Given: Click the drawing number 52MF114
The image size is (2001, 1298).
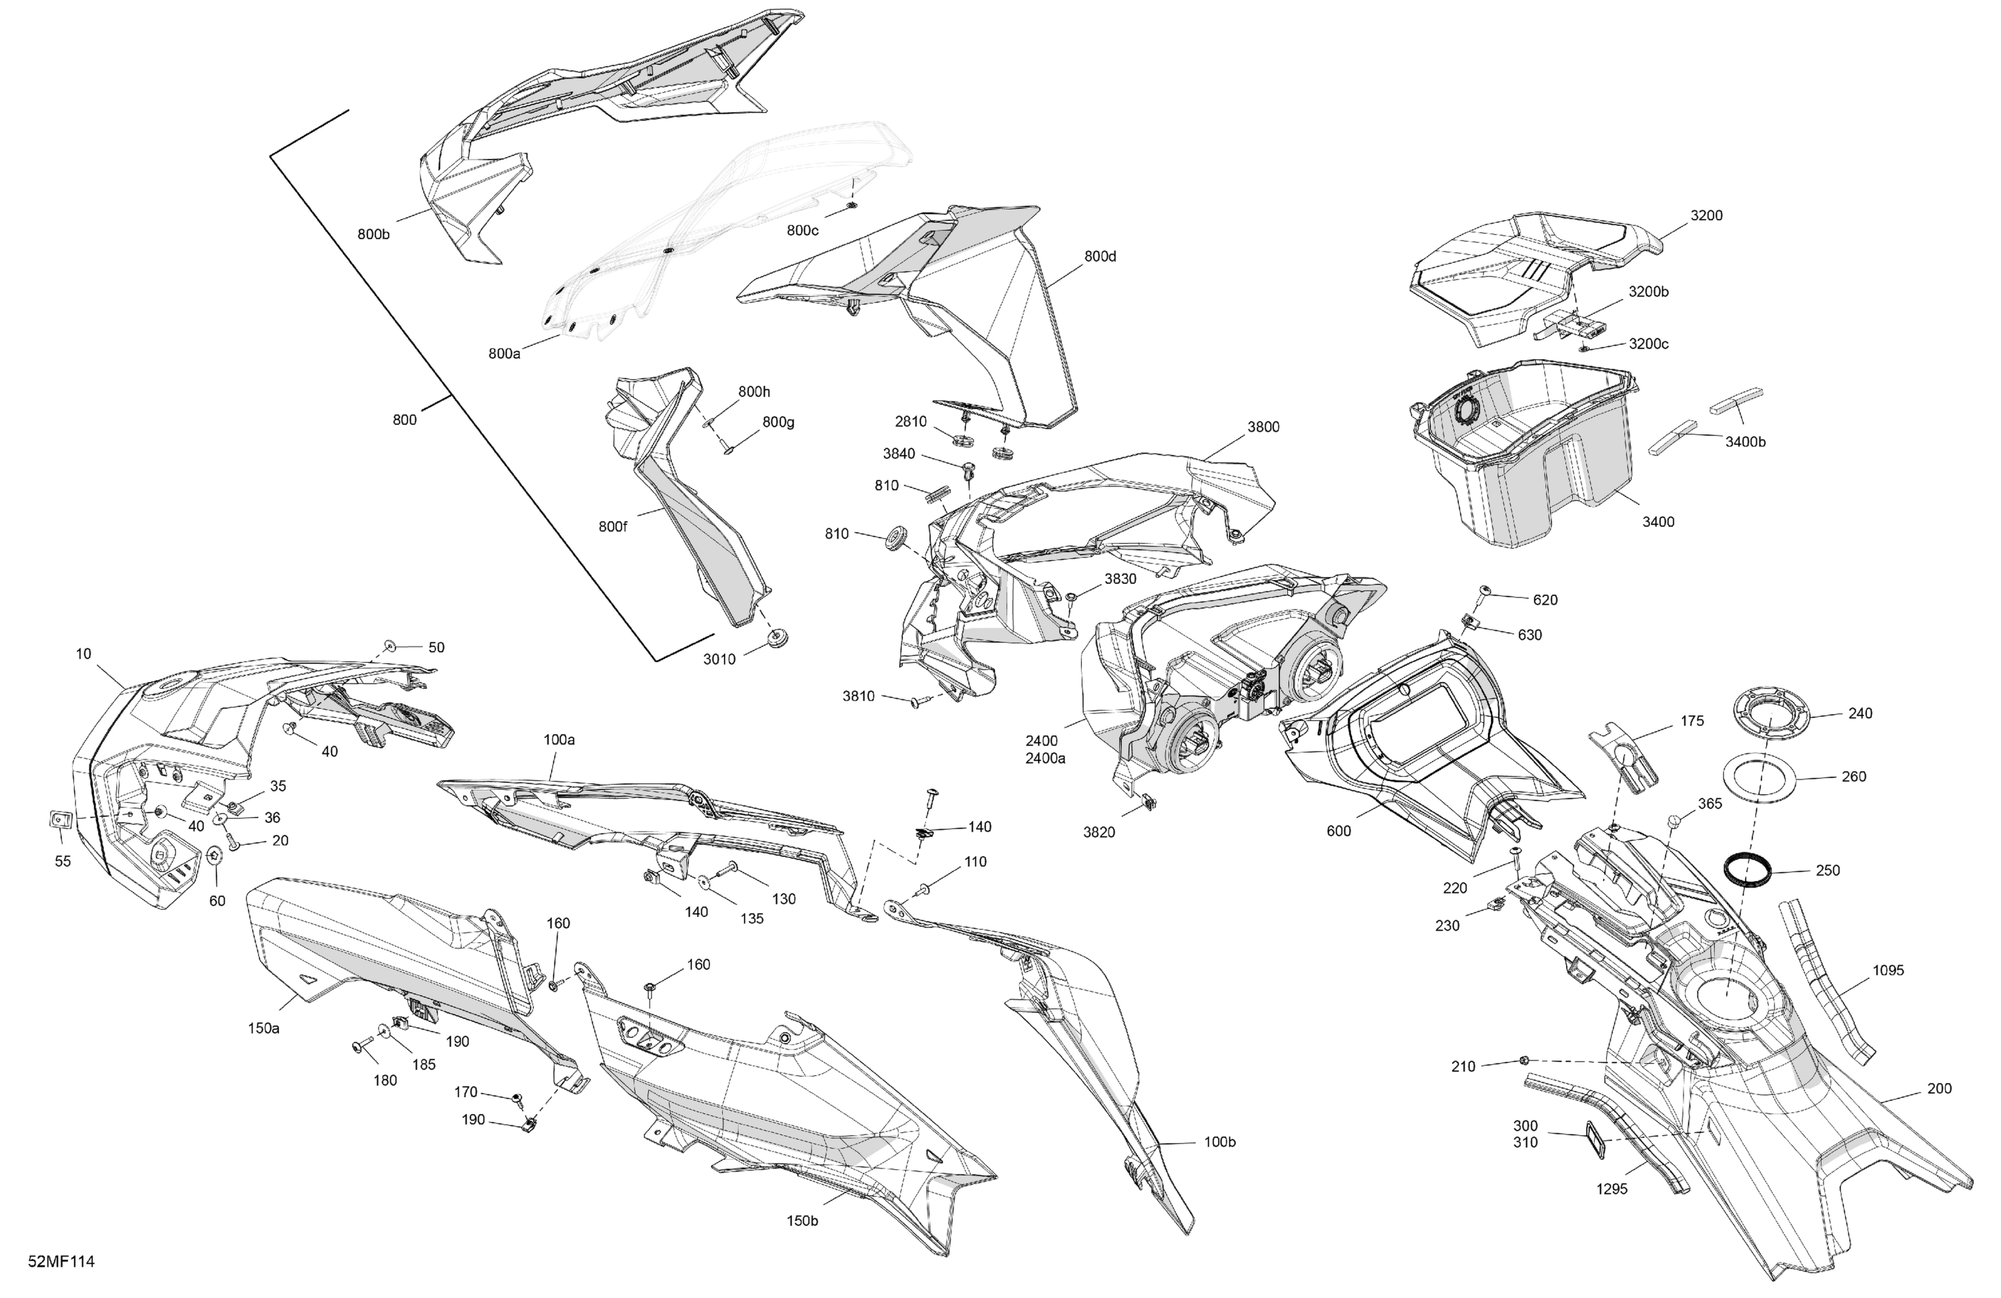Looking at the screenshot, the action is tap(61, 1262).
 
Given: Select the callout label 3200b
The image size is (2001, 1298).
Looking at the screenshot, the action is tap(1648, 292).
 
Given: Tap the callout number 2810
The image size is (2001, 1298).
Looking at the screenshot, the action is tap(910, 422).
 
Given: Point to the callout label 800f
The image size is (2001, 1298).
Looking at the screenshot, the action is tap(613, 527).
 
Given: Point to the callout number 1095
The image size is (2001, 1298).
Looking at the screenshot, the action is tap(1888, 970).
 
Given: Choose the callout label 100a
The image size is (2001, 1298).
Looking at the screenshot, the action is tap(559, 739).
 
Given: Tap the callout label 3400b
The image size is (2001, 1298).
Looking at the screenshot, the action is tap(1746, 442).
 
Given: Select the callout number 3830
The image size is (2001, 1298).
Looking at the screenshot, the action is tap(1120, 579).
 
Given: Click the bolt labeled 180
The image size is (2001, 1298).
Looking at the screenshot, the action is tap(364, 1046).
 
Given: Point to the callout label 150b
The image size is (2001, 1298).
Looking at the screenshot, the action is tap(803, 1221).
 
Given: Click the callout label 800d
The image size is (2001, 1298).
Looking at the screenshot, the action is tap(1100, 256).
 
